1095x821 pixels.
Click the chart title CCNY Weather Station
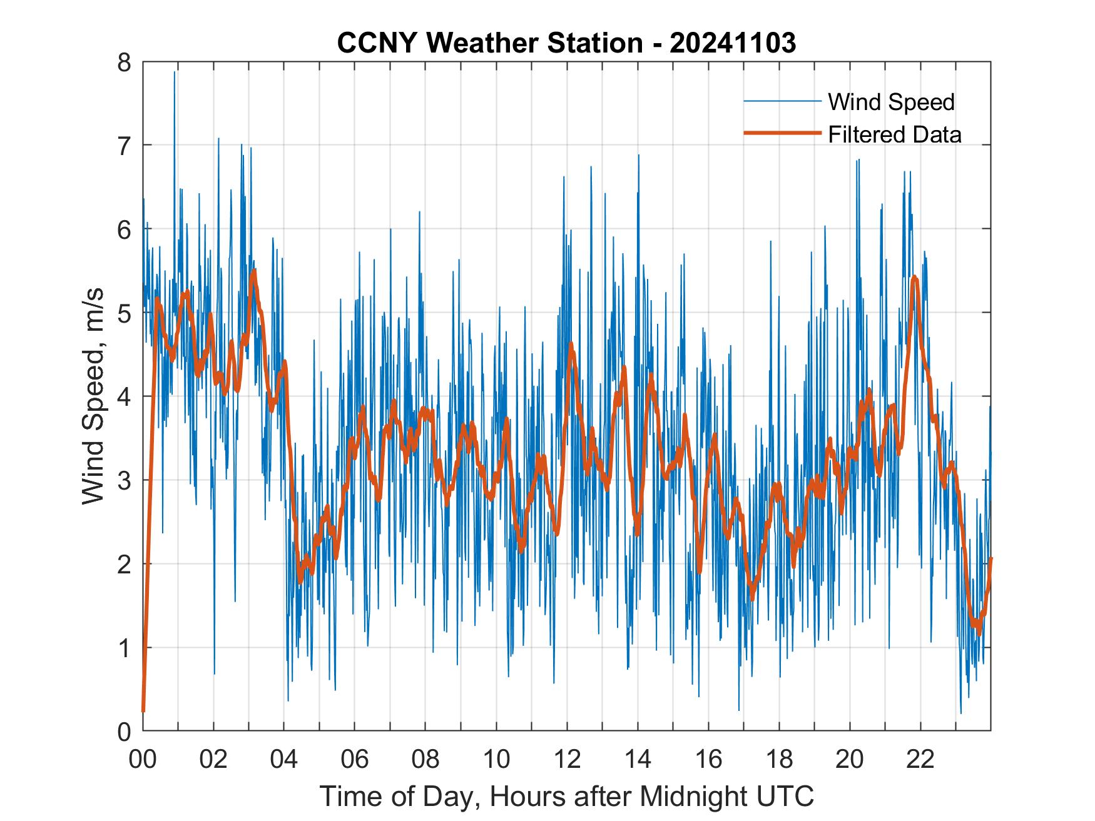489,43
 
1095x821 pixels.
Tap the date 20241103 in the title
733,43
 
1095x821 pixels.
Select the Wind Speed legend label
891,102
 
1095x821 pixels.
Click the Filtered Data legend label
894,134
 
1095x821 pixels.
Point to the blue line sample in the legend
782,102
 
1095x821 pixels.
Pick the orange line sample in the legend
782,133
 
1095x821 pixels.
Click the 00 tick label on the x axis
143,759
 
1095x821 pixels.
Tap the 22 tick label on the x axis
920,759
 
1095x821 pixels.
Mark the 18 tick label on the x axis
778,759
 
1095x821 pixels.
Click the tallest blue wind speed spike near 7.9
175,73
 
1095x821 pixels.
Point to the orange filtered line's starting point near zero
143,710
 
